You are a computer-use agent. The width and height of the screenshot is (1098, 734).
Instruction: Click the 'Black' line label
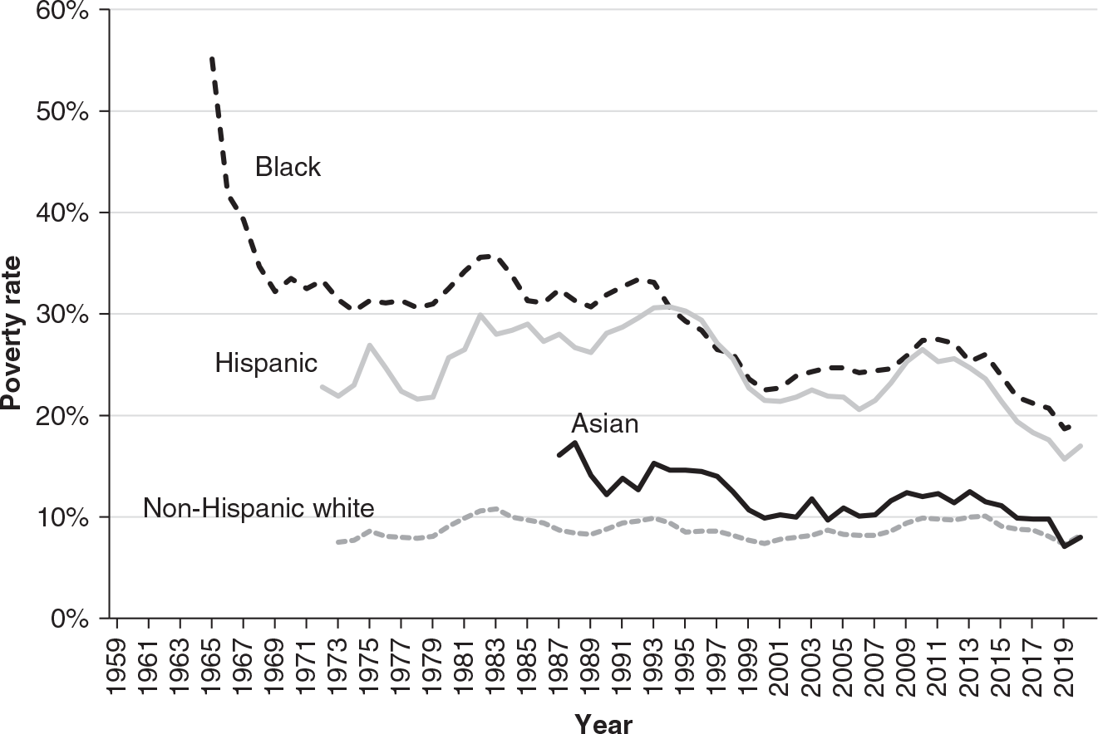(288, 167)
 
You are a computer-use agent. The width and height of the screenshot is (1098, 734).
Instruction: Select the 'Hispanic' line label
(266, 363)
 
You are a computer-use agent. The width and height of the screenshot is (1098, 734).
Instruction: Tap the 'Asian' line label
(604, 423)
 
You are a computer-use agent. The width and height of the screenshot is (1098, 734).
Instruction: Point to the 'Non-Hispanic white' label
(258, 507)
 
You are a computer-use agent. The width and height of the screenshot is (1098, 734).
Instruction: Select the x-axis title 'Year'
(603, 723)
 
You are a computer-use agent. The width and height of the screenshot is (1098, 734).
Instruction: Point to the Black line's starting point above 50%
(212, 59)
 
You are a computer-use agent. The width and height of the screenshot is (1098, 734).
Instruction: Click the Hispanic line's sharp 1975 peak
(370, 345)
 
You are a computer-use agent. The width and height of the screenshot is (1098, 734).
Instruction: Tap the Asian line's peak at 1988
(574, 443)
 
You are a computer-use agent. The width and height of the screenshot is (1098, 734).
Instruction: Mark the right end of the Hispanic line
(1080, 446)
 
